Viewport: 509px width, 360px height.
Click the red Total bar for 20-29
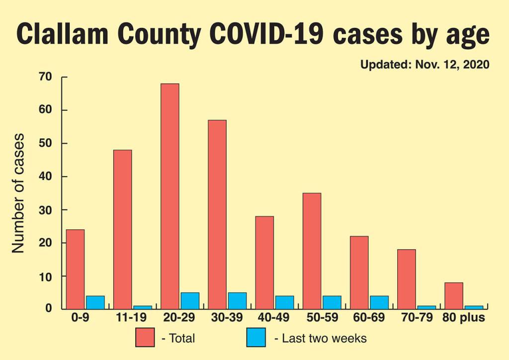[x=170, y=196]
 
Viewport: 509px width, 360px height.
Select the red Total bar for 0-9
[x=75, y=269]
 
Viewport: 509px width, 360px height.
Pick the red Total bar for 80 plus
[x=454, y=296]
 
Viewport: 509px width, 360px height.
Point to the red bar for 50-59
[x=312, y=251]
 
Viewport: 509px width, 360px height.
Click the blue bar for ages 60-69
[x=379, y=302]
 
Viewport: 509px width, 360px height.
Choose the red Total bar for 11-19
[x=122, y=229]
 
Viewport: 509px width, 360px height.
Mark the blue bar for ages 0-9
[x=94, y=302]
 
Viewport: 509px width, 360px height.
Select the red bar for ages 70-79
[x=406, y=279]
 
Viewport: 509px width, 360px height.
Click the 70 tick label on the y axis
[x=45, y=77]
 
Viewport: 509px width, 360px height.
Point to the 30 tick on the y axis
[x=45, y=210]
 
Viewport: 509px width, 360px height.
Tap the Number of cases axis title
[x=18, y=193]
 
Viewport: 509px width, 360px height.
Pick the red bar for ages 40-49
[x=264, y=263]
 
